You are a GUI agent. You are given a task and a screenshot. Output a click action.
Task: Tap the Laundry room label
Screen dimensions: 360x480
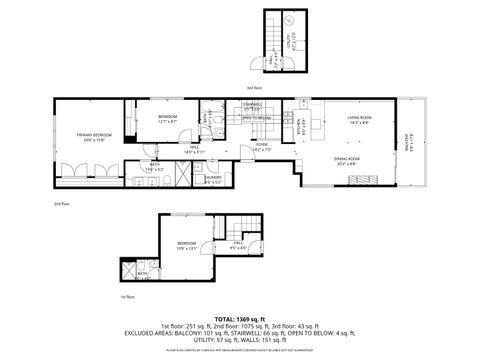(213, 180)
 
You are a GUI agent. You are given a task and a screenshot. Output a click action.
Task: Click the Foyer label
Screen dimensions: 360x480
(262, 147)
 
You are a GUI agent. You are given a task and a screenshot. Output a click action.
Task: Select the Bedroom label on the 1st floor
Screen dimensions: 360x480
(187, 245)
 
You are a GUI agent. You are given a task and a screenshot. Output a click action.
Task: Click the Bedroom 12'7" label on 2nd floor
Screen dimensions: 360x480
(167, 120)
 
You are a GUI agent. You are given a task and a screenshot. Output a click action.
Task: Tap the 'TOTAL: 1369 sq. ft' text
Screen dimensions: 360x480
(240, 317)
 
